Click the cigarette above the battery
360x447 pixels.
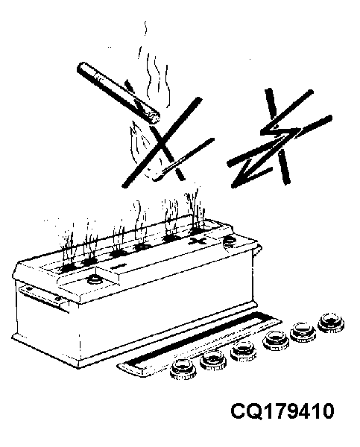pyautogui.click(x=119, y=92)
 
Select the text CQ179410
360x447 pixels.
pyautogui.click(x=282, y=411)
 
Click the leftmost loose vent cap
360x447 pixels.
pyautogui.click(x=183, y=370)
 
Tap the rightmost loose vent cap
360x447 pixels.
pyautogui.click(x=331, y=323)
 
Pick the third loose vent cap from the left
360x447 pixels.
pyautogui.click(x=243, y=352)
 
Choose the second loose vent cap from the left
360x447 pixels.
pyautogui.click(x=213, y=360)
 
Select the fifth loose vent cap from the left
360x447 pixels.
pyautogui.click(x=303, y=332)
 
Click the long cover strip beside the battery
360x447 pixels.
pyautogui.click(x=199, y=344)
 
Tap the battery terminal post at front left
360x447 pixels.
pyautogui.click(x=94, y=279)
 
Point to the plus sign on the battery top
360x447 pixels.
pyautogui.click(x=198, y=241)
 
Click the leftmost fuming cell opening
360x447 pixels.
pyautogui.click(x=67, y=268)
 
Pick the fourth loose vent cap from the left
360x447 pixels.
pyautogui.click(x=276, y=341)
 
